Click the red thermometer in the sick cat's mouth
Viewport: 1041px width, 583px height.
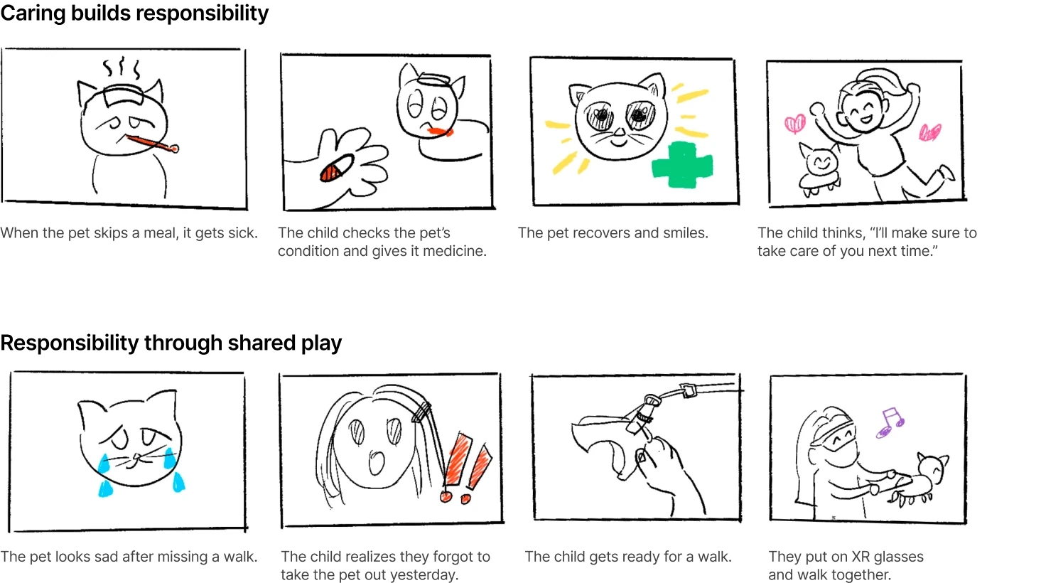[152, 144]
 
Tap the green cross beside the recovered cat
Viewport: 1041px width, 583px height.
[681, 165]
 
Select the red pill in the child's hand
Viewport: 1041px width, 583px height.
[336, 168]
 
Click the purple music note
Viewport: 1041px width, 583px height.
[890, 422]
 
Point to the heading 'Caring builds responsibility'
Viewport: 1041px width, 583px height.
[134, 13]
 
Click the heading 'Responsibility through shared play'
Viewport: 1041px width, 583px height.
[171, 343]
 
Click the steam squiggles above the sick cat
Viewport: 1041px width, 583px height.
[122, 68]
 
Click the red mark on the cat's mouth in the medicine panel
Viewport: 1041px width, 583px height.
[440, 132]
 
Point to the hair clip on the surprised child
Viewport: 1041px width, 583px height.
[421, 412]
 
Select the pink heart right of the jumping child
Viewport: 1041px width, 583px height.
[929, 132]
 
